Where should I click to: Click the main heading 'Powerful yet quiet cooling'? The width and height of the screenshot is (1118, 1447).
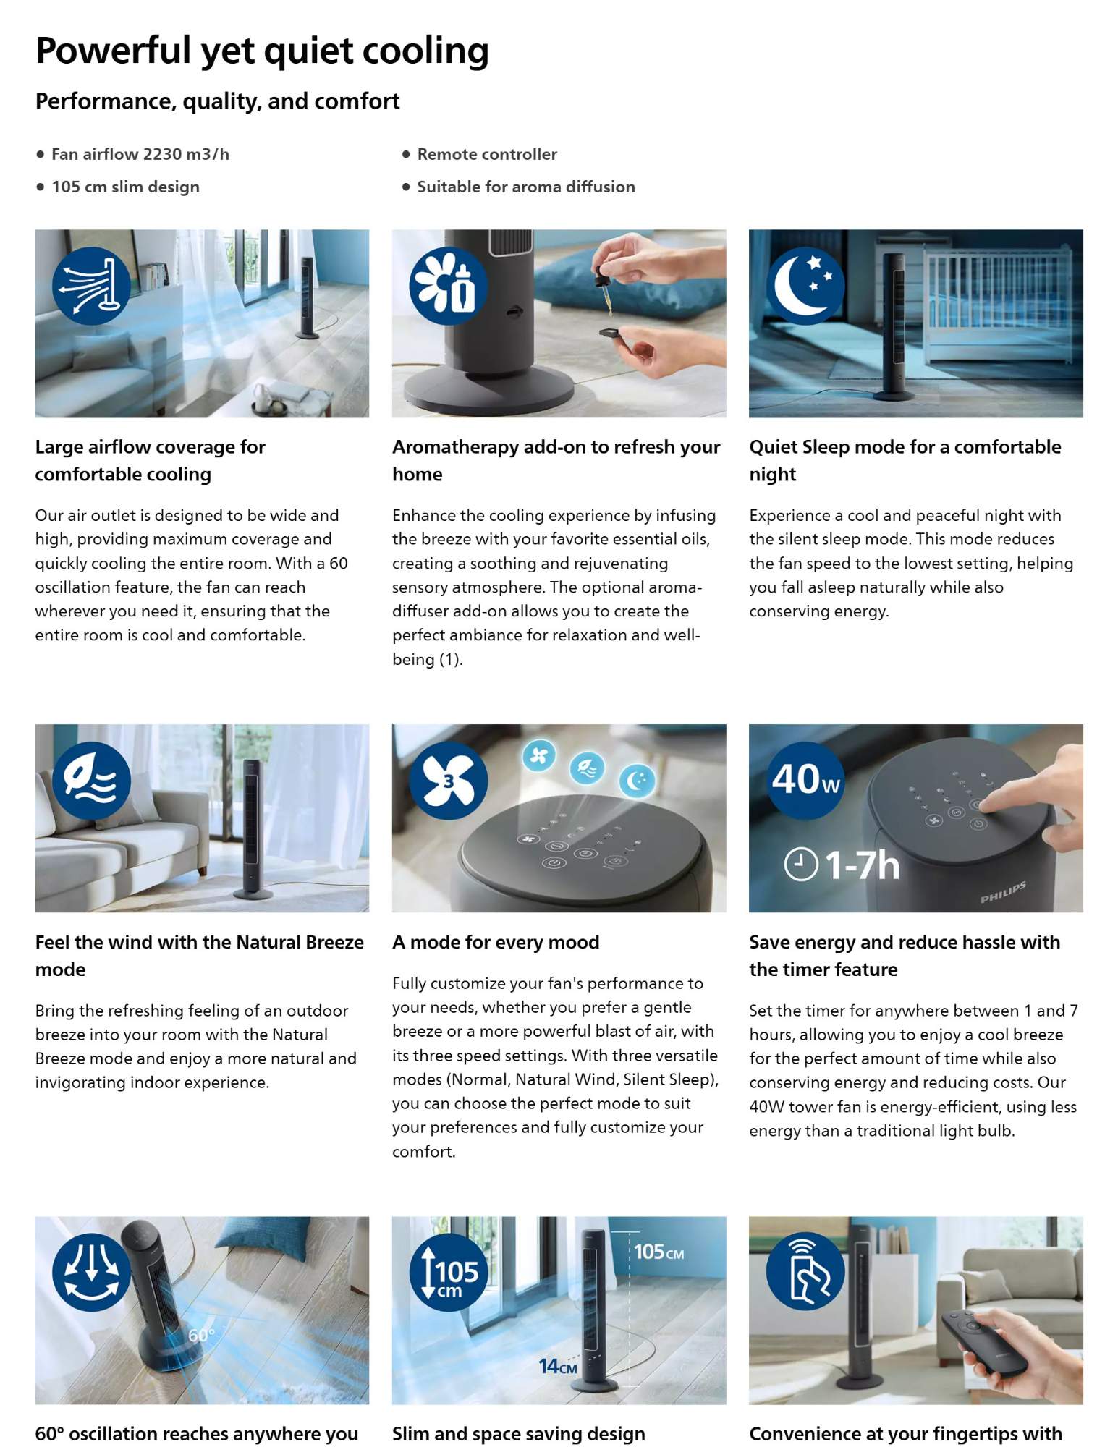click(262, 51)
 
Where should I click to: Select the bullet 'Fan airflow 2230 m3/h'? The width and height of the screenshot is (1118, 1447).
click(140, 154)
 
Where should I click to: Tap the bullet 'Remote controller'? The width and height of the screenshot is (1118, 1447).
click(487, 154)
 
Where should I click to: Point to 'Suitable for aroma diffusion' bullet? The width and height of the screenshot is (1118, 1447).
click(526, 187)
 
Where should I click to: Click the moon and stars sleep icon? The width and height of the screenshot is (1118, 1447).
click(805, 285)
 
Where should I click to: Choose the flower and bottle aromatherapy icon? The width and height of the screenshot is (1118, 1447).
click(449, 285)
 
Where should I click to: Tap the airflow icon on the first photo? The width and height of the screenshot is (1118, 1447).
click(91, 285)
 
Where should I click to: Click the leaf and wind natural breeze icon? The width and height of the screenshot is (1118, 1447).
click(91, 780)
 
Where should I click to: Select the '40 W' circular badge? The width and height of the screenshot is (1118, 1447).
click(805, 780)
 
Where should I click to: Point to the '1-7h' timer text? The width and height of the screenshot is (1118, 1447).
click(862, 865)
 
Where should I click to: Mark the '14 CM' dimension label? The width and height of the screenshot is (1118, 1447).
click(558, 1366)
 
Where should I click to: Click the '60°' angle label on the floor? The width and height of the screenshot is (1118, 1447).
click(201, 1335)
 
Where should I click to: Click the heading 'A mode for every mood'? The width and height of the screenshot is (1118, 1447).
click(496, 942)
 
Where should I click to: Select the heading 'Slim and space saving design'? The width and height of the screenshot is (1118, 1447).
click(518, 1434)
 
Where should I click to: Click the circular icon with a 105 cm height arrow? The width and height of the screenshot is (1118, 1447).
click(449, 1273)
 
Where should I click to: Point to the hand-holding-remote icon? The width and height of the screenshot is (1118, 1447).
click(805, 1273)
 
